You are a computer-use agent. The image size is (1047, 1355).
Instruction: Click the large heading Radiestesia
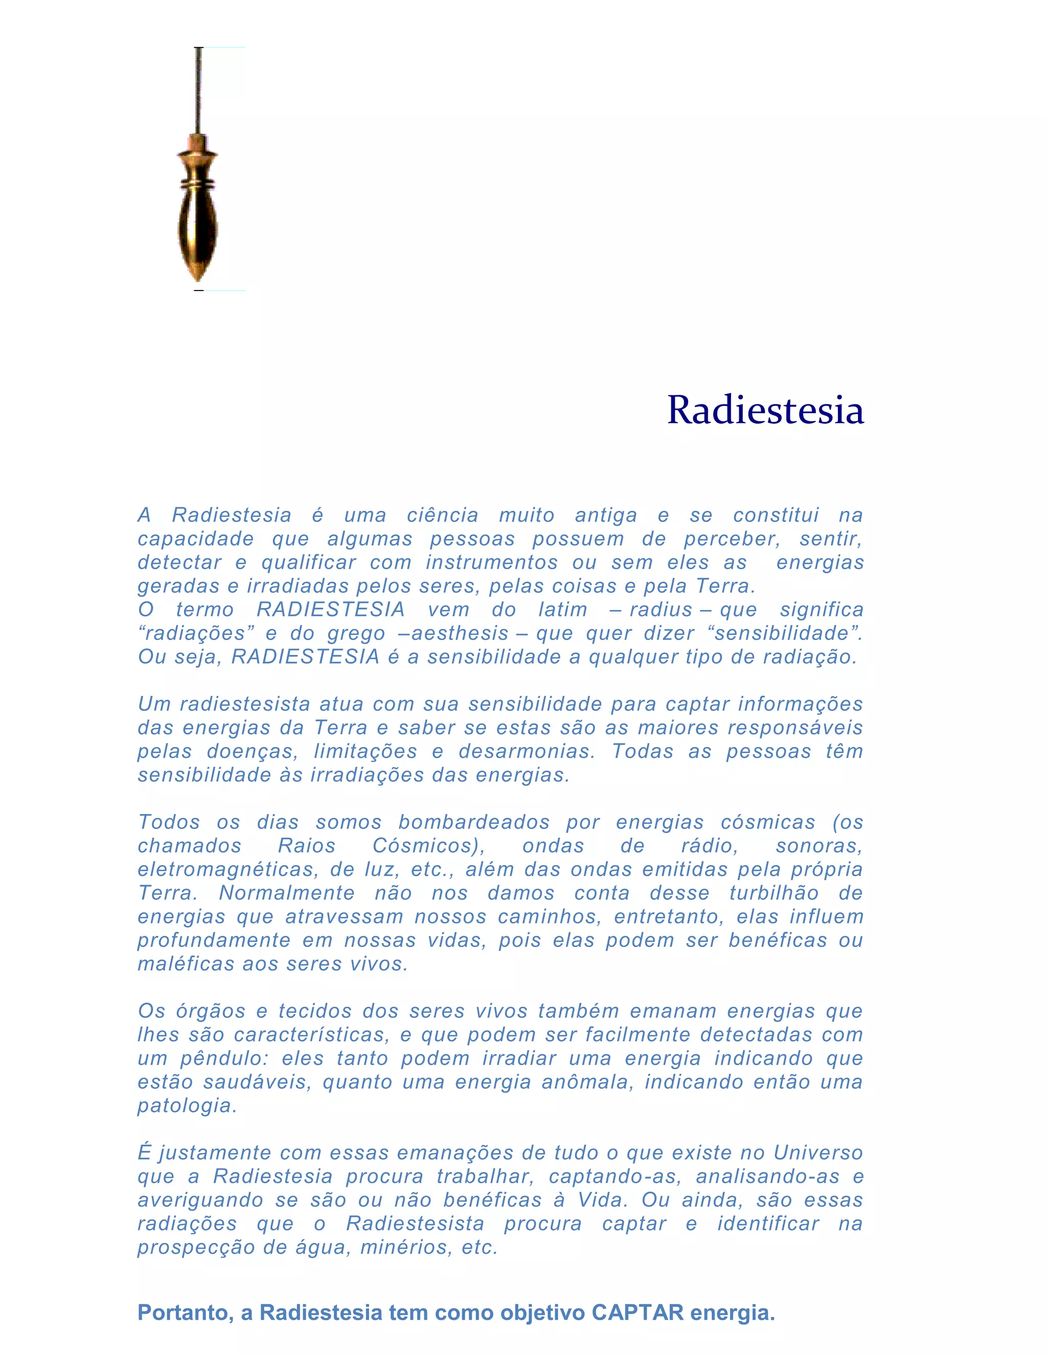(765, 410)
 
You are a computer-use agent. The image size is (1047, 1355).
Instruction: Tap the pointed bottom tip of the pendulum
(198, 276)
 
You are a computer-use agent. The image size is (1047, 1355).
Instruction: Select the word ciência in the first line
(442, 515)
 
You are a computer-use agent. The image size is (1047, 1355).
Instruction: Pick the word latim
(562, 609)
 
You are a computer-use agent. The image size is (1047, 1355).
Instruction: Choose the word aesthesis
(460, 633)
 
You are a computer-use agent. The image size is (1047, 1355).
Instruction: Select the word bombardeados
(474, 822)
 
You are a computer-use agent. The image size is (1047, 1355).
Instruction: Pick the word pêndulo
(224, 1058)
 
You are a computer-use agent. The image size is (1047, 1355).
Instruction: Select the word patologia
(187, 1105)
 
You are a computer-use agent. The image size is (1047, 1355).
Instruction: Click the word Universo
(818, 1153)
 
